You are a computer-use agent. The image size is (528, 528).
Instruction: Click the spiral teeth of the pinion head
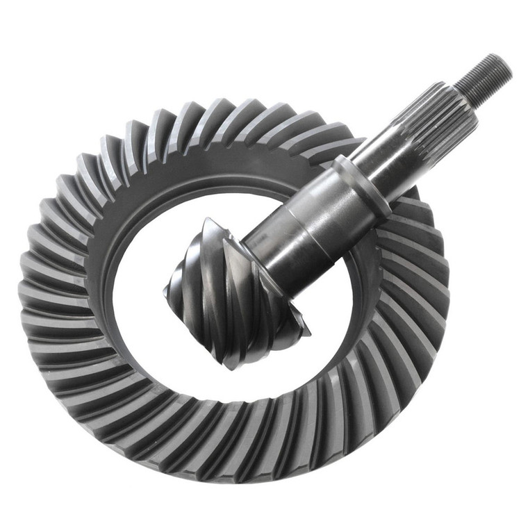point(229,292)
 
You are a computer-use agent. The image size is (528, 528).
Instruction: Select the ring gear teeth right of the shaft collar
point(413,229)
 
